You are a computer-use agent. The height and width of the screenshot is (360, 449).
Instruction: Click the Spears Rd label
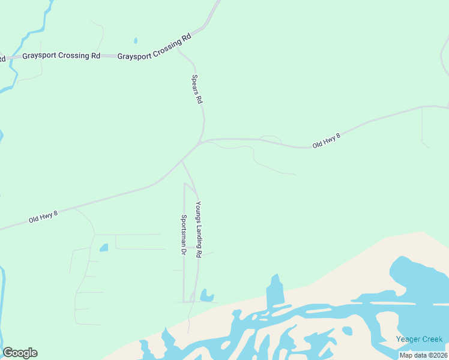196,89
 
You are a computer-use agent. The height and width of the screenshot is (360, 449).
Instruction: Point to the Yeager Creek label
419,340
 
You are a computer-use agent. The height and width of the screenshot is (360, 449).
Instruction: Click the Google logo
20,353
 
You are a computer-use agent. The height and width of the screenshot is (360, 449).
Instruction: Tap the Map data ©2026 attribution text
424,355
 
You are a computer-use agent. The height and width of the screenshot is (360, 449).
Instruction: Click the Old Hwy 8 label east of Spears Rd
327,142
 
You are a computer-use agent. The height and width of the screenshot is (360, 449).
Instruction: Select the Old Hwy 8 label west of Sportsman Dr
43,217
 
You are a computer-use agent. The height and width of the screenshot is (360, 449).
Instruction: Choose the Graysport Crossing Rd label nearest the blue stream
61,56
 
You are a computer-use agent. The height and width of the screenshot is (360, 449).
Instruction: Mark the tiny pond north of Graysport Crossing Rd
136,41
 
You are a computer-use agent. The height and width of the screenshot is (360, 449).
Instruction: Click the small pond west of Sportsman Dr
103,247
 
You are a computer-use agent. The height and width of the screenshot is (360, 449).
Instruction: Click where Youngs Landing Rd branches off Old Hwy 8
182,161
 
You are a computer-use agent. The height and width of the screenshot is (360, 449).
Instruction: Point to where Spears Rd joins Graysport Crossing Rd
178,47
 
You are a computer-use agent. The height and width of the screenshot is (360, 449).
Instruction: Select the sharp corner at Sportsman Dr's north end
184,184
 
